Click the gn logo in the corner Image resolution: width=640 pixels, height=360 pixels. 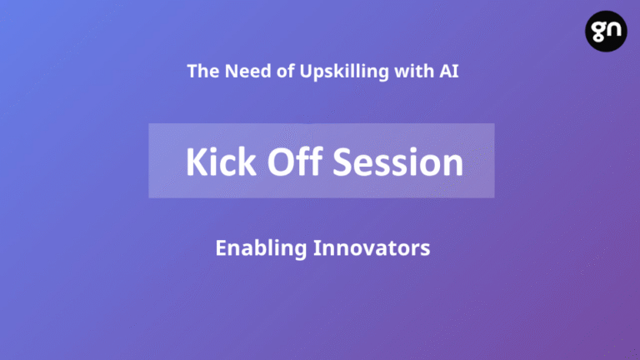[x=606, y=31]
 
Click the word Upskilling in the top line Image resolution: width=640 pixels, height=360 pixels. [x=344, y=72]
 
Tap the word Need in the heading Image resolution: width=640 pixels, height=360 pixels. [x=248, y=71]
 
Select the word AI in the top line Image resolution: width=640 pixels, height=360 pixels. [x=449, y=71]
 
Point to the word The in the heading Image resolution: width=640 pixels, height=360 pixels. [x=203, y=71]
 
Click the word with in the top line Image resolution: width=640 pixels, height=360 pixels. [x=414, y=71]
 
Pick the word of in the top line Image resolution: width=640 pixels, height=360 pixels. [x=285, y=71]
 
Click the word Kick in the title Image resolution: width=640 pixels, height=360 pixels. [x=221, y=162]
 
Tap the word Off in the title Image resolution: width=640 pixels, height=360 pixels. [x=295, y=161]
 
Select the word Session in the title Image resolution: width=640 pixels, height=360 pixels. [x=398, y=162]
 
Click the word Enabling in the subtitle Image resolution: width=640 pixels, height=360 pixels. [x=261, y=248]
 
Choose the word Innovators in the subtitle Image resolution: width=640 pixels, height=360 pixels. [x=372, y=248]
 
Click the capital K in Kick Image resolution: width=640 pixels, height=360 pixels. [x=197, y=162]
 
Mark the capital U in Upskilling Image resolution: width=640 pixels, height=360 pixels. [x=307, y=71]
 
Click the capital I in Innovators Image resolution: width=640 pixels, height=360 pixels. [x=317, y=248]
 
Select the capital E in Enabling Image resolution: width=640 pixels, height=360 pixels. [x=221, y=248]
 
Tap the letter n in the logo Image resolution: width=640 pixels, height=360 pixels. [x=613, y=29]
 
